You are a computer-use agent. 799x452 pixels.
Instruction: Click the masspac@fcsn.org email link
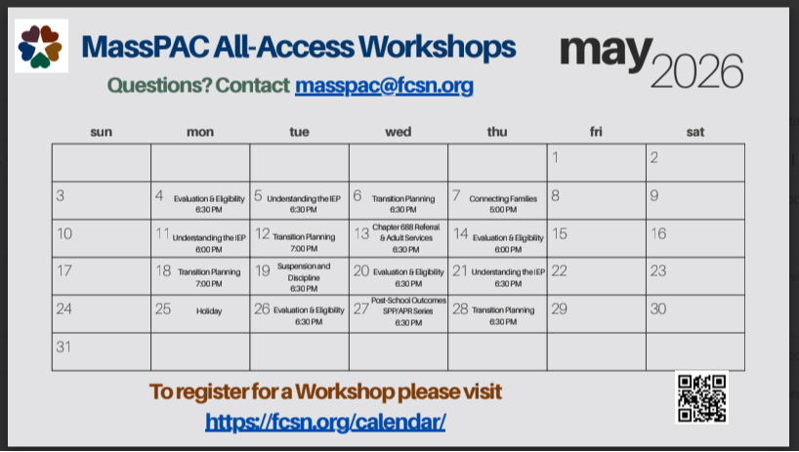pyautogui.click(x=384, y=86)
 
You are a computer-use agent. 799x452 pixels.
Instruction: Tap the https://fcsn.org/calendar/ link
pyautogui.click(x=325, y=422)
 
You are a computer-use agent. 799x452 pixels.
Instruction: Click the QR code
pyautogui.click(x=701, y=397)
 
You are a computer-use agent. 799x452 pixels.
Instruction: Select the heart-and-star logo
pyautogui.click(x=41, y=46)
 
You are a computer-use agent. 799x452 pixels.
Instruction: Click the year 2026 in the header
pyautogui.click(x=696, y=72)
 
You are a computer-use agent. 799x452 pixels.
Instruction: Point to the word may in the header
pyautogui.click(x=606, y=54)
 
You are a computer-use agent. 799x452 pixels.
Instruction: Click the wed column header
pyautogui.click(x=398, y=132)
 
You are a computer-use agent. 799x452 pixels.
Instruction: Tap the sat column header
pyautogui.click(x=695, y=132)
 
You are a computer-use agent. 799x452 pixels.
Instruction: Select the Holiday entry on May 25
pyautogui.click(x=209, y=311)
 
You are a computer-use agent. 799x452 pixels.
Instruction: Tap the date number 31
pyautogui.click(x=63, y=347)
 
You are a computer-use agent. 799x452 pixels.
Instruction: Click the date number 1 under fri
pyautogui.click(x=556, y=158)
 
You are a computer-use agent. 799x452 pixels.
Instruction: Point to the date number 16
pyautogui.click(x=658, y=233)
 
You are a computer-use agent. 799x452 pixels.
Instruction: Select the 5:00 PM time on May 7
pyautogui.click(x=503, y=209)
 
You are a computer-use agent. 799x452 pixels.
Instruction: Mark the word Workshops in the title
pyautogui.click(x=438, y=47)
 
